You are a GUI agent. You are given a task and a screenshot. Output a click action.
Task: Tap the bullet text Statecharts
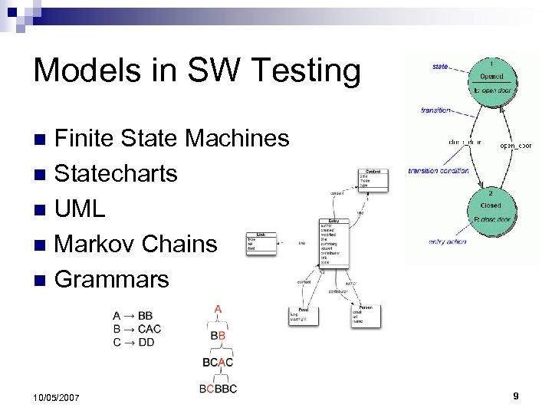(116, 173)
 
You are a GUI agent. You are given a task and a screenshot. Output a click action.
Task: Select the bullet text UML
(80, 209)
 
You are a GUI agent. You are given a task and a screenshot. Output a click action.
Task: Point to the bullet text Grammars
(112, 279)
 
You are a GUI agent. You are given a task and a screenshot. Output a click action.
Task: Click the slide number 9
(516, 396)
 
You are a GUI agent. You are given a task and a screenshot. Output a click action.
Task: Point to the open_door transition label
(514, 145)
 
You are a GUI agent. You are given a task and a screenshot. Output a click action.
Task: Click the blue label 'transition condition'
(438, 170)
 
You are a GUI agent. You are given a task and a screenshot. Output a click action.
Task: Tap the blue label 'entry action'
(446, 242)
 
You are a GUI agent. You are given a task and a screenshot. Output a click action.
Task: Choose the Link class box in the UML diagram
(261, 243)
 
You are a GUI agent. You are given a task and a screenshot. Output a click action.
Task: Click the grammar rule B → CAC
(136, 329)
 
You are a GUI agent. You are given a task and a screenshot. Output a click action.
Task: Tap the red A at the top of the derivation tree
(219, 310)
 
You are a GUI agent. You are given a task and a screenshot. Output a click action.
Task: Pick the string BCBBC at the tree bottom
(218, 389)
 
